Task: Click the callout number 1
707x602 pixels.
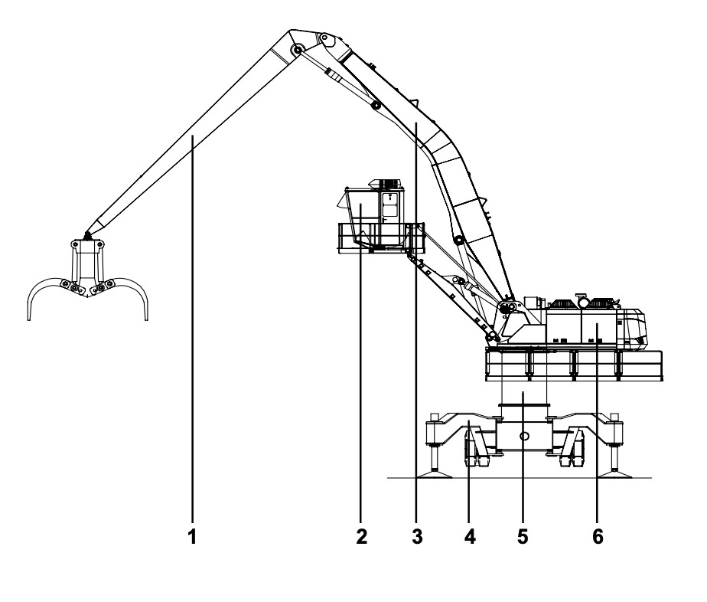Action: point(192,536)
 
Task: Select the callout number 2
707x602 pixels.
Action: point(361,536)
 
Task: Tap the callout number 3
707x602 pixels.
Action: point(417,536)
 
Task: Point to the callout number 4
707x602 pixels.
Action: point(469,536)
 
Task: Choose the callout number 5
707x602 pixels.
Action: point(523,536)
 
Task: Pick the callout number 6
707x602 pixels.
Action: point(598,536)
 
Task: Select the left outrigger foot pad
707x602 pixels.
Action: point(435,473)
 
